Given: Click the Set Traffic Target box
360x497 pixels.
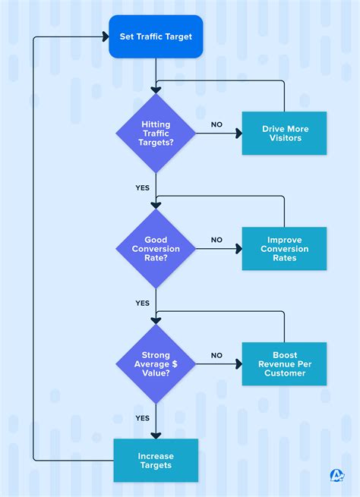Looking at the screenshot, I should point(156,36).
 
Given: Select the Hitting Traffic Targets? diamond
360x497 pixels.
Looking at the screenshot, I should point(156,134).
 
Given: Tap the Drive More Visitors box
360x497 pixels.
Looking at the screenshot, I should point(284,134).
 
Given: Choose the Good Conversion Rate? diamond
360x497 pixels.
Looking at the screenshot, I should point(156,249).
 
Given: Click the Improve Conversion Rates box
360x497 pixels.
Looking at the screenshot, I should point(284,249).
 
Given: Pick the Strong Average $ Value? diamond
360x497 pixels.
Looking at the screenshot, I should point(156,364).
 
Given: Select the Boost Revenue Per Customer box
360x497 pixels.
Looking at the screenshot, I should point(284,364).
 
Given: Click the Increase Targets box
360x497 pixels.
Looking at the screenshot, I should point(156,461).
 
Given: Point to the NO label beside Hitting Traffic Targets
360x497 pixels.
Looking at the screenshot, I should point(216,124).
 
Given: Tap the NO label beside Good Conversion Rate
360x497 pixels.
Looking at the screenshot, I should point(216,240).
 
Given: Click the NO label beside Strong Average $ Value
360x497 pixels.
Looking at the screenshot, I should point(216,355).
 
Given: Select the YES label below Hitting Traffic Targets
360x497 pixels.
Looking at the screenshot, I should point(142,187).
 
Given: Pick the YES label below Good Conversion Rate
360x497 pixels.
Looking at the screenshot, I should point(142,303).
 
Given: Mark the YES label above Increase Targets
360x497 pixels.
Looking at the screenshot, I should point(142,418).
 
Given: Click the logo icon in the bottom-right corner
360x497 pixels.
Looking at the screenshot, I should point(337,476).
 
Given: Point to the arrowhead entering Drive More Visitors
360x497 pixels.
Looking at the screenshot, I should point(238,134).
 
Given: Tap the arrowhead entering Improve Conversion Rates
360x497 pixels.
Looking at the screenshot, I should point(238,249).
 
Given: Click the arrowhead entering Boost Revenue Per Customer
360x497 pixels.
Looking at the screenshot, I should point(238,364).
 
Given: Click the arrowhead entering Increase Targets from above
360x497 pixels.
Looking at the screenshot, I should point(156,435).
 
